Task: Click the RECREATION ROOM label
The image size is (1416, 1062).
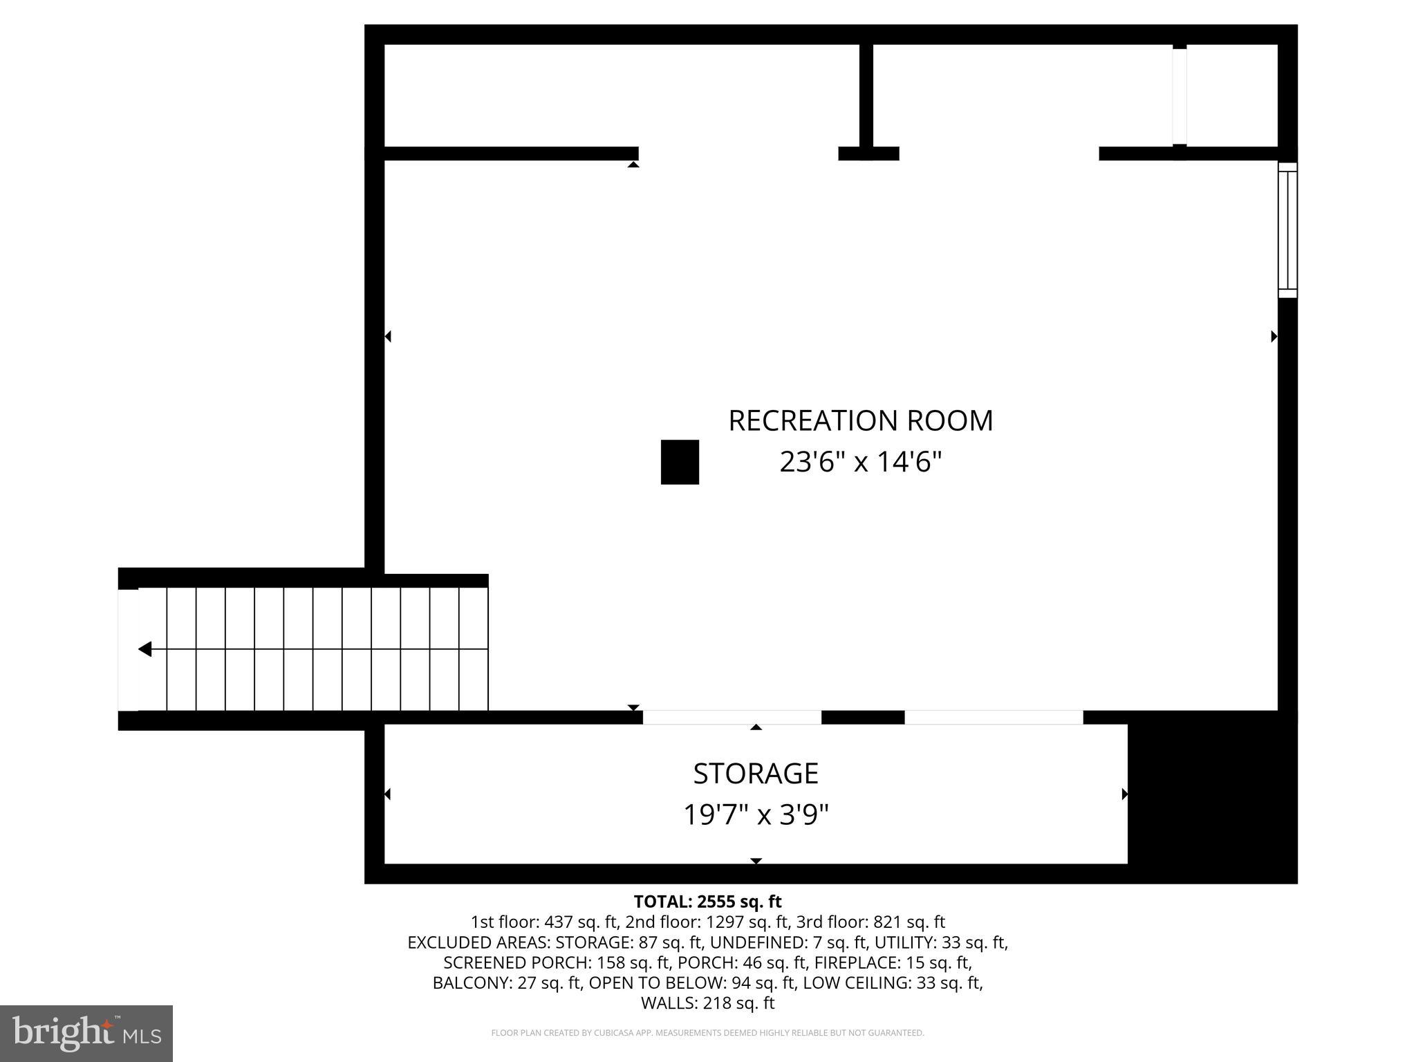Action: click(x=860, y=420)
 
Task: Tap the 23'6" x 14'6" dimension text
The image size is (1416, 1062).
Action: click(x=860, y=462)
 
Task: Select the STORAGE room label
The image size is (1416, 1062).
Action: click(x=756, y=773)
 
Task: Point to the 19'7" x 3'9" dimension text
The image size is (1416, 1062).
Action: click(x=756, y=814)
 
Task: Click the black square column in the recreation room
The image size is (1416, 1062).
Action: click(x=680, y=462)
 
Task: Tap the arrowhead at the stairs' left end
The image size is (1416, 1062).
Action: click(x=145, y=649)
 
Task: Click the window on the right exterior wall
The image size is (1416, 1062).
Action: click(x=1287, y=230)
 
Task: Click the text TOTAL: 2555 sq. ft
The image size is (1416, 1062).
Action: click(x=707, y=902)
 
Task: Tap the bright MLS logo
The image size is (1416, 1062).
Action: click(x=86, y=1033)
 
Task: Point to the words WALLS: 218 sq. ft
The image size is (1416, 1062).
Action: click(x=707, y=1003)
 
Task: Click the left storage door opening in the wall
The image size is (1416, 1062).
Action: click(x=732, y=718)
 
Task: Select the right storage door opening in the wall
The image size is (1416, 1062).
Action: click(x=993, y=718)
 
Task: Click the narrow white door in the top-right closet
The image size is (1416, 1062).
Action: click(x=1179, y=96)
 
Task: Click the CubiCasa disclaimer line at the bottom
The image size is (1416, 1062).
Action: click(x=707, y=1033)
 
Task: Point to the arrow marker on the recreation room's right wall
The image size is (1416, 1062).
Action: click(x=1274, y=337)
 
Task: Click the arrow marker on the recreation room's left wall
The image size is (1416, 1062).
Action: click(x=389, y=337)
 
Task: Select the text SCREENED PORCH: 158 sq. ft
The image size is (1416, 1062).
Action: click(x=559, y=962)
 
